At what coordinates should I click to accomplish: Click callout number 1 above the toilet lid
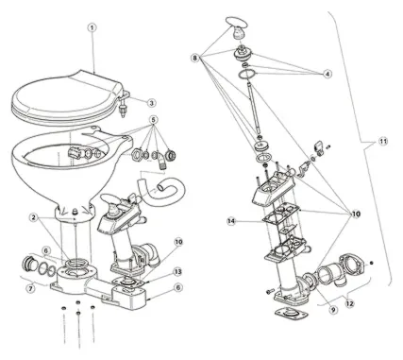pos(92,27)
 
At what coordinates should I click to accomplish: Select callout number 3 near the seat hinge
pos(152,103)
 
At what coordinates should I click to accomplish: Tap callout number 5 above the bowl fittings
pos(154,120)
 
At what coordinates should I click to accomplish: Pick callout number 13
pos(178,271)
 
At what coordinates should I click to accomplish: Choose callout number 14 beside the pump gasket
pos(231,221)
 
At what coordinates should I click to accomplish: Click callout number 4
pos(327,74)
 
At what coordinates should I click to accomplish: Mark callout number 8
pos(195,58)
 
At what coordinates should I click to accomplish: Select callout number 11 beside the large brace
pos(382,142)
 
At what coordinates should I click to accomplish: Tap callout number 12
pos(350,303)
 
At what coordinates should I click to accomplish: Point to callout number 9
pos(334,310)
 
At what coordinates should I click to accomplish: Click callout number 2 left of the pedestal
pos(35,217)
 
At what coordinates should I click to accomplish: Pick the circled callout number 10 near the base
pos(178,242)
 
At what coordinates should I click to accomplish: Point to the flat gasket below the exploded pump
pos(290,314)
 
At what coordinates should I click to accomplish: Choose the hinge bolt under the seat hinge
pos(123,110)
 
